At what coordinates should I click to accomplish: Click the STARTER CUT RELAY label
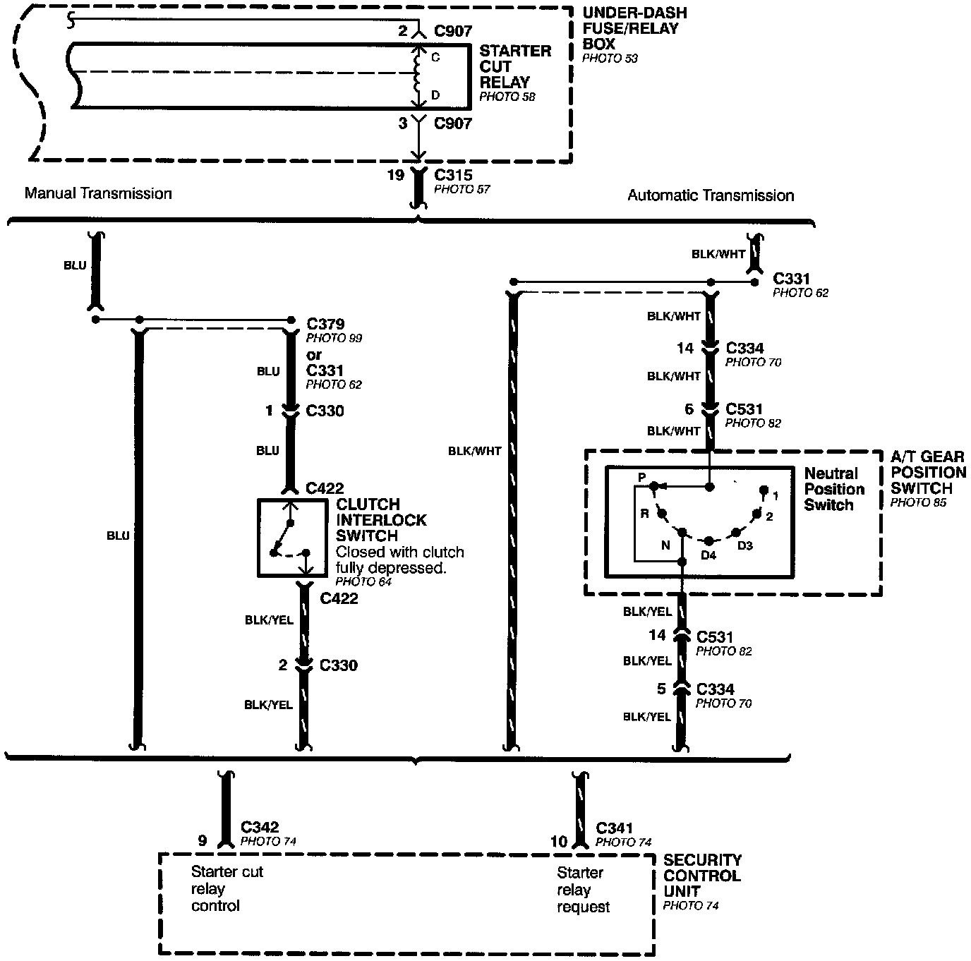click(514, 66)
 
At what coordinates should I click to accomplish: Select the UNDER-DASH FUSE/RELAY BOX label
click(634, 28)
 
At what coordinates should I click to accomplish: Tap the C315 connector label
click(453, 175)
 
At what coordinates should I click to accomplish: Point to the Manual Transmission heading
click(98, 193)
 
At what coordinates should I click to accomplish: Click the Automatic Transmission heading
click(711, 195)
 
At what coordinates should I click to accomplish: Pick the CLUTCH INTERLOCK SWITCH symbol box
click(292, 538)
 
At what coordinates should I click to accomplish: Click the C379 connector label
click(325, 324)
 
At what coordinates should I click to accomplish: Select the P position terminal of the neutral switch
click(654, 486)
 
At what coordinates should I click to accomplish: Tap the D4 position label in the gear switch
click(708, 555)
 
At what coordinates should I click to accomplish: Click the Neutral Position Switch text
click(833, 489)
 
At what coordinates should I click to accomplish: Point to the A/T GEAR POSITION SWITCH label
click(927, 472)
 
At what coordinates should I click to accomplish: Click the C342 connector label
click(260, 827)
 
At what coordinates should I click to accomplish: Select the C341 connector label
click(614, 828)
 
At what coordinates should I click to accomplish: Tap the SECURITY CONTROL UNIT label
click(701, 876)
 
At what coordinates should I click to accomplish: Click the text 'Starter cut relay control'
click(227, 889)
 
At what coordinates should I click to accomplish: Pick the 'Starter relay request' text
click(583, 890)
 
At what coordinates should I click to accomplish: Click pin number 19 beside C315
click(394, 175)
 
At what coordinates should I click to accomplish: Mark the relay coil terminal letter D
click(435, 95)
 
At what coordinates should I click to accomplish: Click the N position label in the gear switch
click(665, 545)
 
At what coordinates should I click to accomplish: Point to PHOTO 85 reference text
click(918, 503)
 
